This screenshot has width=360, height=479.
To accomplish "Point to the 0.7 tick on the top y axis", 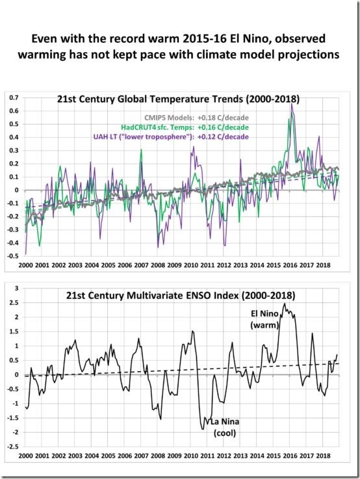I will coord(13,97).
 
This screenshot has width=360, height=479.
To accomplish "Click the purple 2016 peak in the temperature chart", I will coord(291,105).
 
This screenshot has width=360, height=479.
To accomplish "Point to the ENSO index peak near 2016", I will coord(284,303).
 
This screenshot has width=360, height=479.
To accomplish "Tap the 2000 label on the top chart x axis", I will coord(27,266).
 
